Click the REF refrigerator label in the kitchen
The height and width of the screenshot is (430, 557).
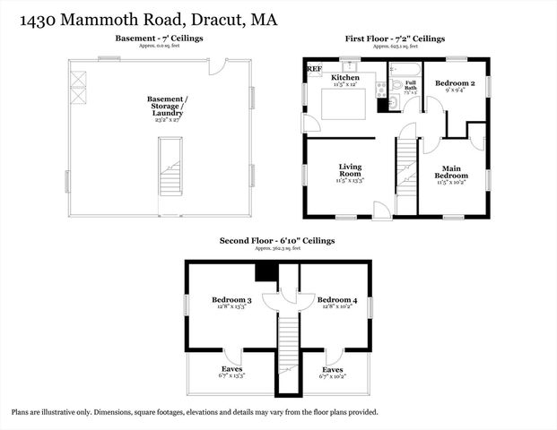pyautogui.click(x=314, y=68)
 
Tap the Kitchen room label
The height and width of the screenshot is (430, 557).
pyautogui.click(x=345, y=79)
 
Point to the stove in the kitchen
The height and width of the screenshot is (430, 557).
pyautogui.click(x=380, y=88)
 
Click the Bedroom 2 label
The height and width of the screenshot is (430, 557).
pyautogui.click(x=454, y=82)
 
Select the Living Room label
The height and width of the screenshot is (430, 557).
pyautogui.click(x=350, y=170)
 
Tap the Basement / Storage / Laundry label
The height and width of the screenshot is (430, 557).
pyautogui.click(x=167, y=106)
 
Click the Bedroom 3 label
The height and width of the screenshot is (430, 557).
pyautogui.click(x=231, y=299)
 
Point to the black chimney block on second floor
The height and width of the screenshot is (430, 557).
pyautogui.click(x=265, y=272)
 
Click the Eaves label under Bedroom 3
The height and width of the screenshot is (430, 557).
pyautogui.click(x=231, y=369)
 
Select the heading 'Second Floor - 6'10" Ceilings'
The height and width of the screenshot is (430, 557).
pyautogui.click(x=278, y=241)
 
